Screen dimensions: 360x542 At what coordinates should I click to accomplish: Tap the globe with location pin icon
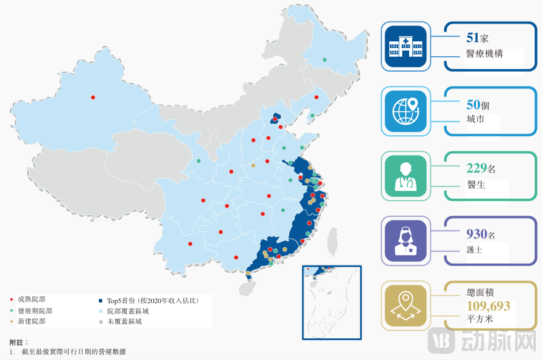(405, 111)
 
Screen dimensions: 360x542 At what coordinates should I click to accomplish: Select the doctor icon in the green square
(405, 175)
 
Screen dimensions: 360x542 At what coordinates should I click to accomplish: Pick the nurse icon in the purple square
(405, 240)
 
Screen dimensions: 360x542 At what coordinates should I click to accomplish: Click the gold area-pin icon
(405, 304)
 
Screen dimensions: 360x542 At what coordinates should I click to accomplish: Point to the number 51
(475, 38)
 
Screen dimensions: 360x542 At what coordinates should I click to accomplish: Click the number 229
(476, 168)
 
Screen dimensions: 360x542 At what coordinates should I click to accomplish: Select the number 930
(476, 234)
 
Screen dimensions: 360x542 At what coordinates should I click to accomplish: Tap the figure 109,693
(489, 305)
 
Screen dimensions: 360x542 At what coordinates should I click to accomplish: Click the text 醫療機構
(485, 54)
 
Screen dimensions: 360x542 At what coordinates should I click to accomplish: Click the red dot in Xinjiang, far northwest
(93, 97)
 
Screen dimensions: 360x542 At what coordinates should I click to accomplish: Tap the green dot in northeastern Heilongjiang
(324, 60)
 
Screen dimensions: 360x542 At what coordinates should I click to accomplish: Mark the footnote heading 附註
(19, 341)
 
